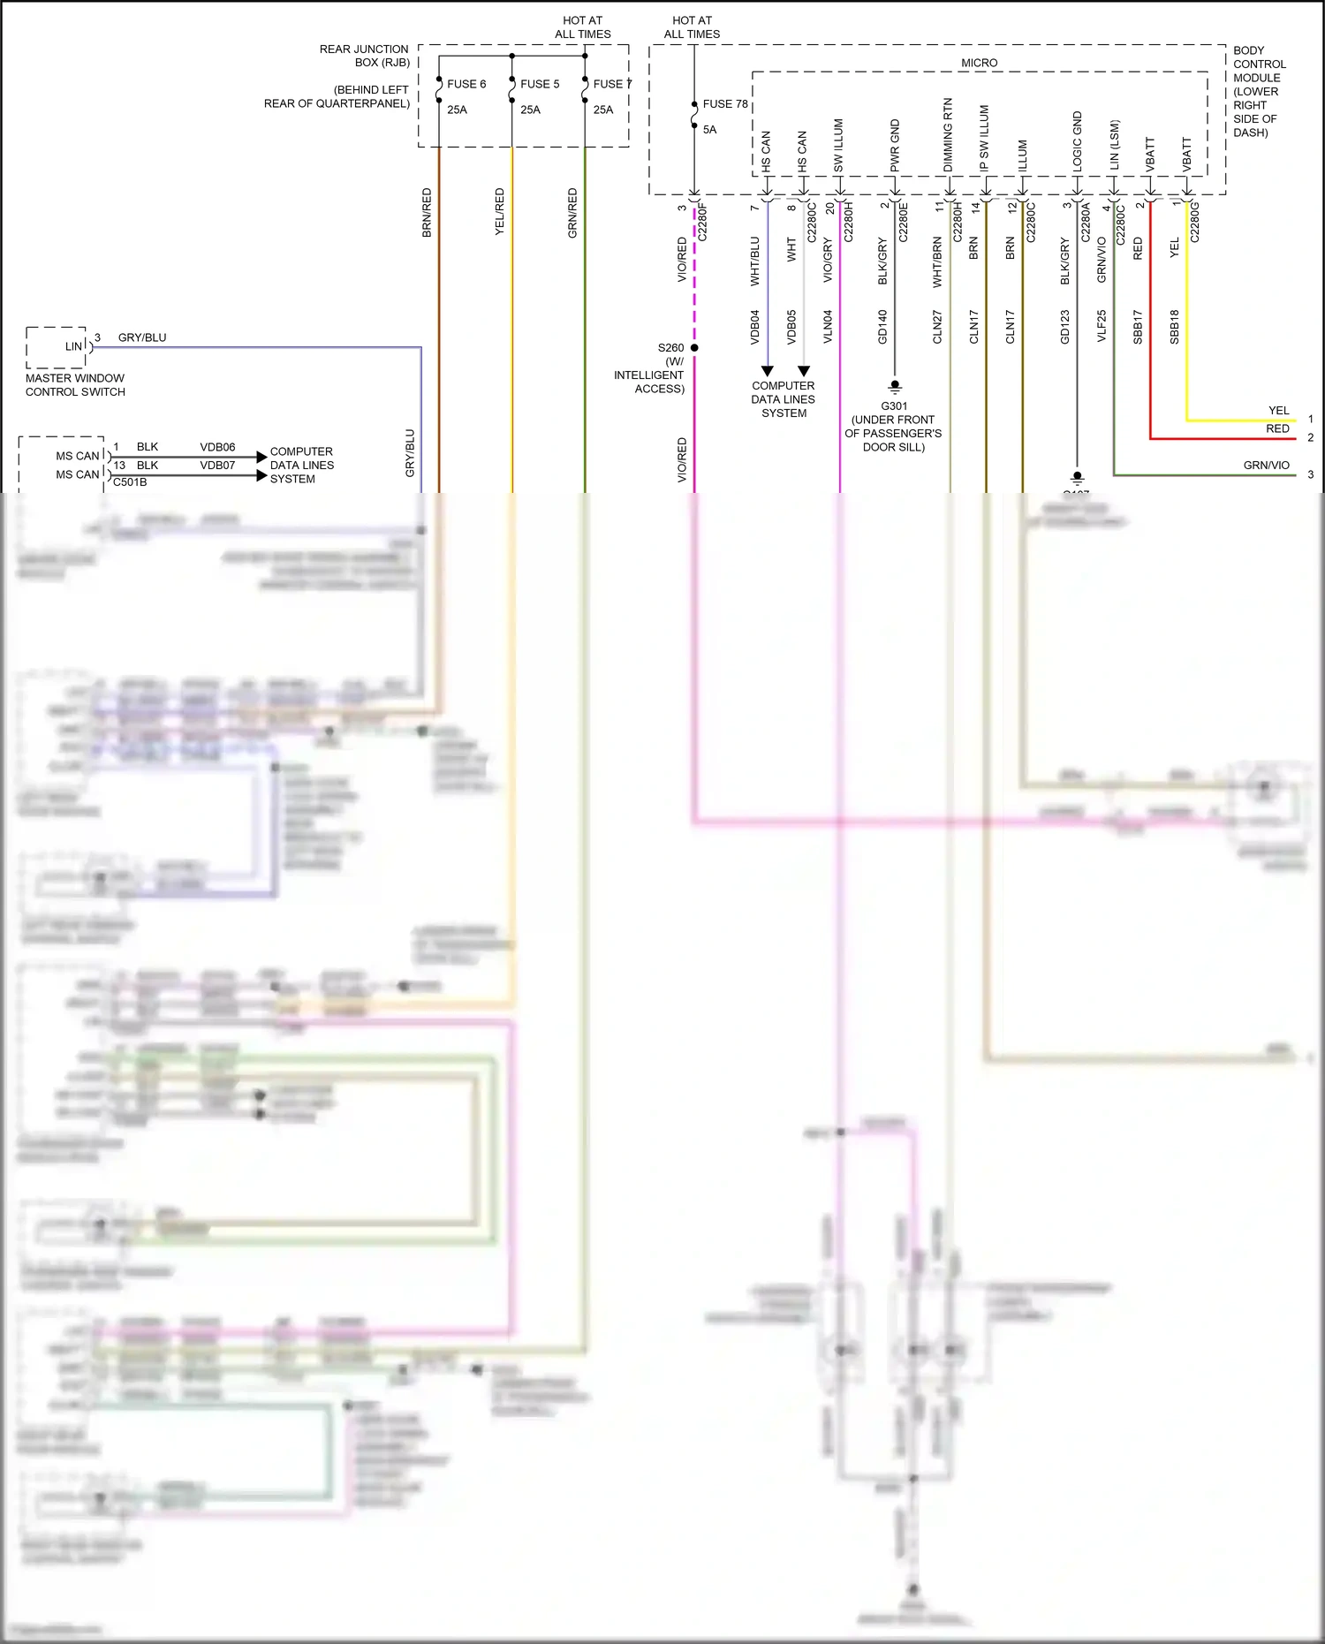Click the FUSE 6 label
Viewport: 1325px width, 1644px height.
pyautogui.click(x=466, y=84)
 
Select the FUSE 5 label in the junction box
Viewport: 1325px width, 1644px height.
pyautogui.click(x=540, y=84)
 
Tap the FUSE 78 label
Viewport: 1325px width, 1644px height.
pyautogui.click(x=724, y=104)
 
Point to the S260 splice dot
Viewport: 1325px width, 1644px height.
pyautogui.click(x=694, y=348)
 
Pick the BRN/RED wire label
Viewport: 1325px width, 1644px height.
pyautogui.click(x=427, y=212)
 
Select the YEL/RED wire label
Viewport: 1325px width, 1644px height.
pyautogui.click(x=499, y=212)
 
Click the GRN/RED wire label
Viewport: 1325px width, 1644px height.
pyautogui.click(x=572, y=212)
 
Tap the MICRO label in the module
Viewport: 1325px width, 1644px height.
pyautogui.click(x=979, y=63)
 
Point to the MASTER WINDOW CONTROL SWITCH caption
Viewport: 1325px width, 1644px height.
pyautogui.click(x=75, y=385)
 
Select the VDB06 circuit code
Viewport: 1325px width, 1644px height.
pyautogui.click(x=217, y=447)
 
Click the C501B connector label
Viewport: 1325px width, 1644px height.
pyautogui.click(x=130, y=482)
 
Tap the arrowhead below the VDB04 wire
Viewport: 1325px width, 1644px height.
pyautogui.click(x=767, y=371)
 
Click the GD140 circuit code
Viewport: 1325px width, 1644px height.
pyautogui.click(x=882, y=327)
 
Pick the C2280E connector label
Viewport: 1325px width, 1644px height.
pyautogui.click(x=904, y=223)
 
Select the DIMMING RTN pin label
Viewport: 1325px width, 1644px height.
pyautogui.click(x=948, y=135)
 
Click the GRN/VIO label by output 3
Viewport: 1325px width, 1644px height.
pyautogui.click(x=1266, y=466)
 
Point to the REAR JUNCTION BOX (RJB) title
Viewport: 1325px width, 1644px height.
pyautogui.click(x=364, y=56)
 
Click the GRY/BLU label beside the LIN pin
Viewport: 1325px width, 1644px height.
pyautogui.click(x=141, y=337)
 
